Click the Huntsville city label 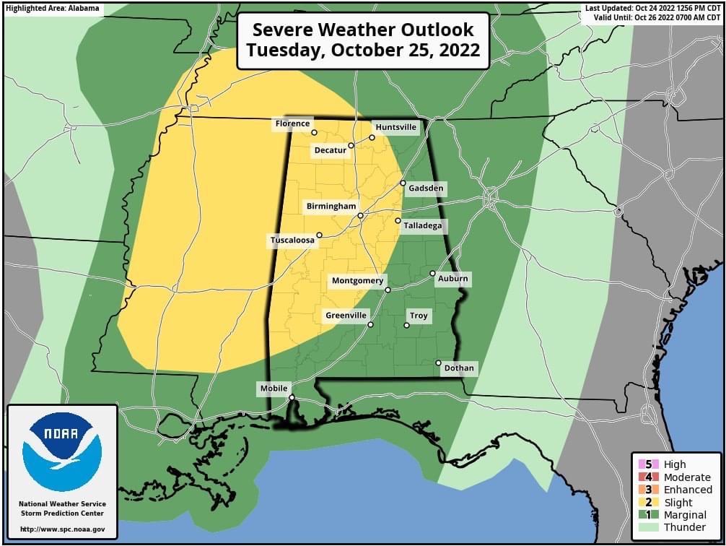coord(396,127)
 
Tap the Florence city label coord(292,124)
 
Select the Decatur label coord(331,150)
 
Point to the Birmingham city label coord(331,207)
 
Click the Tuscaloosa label coord(292,240)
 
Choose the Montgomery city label coord(358,281)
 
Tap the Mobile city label coord(274,389)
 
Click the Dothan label coord(459,368)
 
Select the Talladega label coord(422,226)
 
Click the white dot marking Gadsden coord(403,183)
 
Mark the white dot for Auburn coord(432,274)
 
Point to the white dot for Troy coord(406,326)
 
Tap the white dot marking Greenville coord(370,324)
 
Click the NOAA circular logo coord(62,451)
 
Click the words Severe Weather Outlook coord(363,30)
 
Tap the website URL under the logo coord(62,529)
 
